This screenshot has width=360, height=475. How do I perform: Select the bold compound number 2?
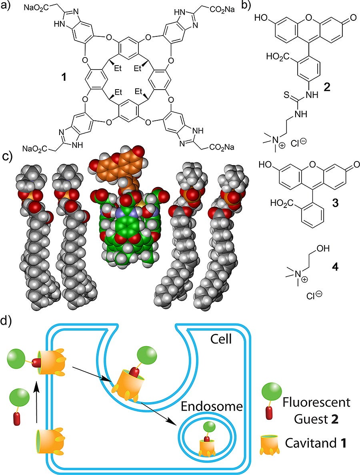tap(327, 87)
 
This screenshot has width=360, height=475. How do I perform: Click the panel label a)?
tap(7, 7)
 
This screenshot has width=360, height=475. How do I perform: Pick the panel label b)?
tap(246, 7)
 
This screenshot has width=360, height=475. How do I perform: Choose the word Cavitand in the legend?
tap(312, 443)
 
